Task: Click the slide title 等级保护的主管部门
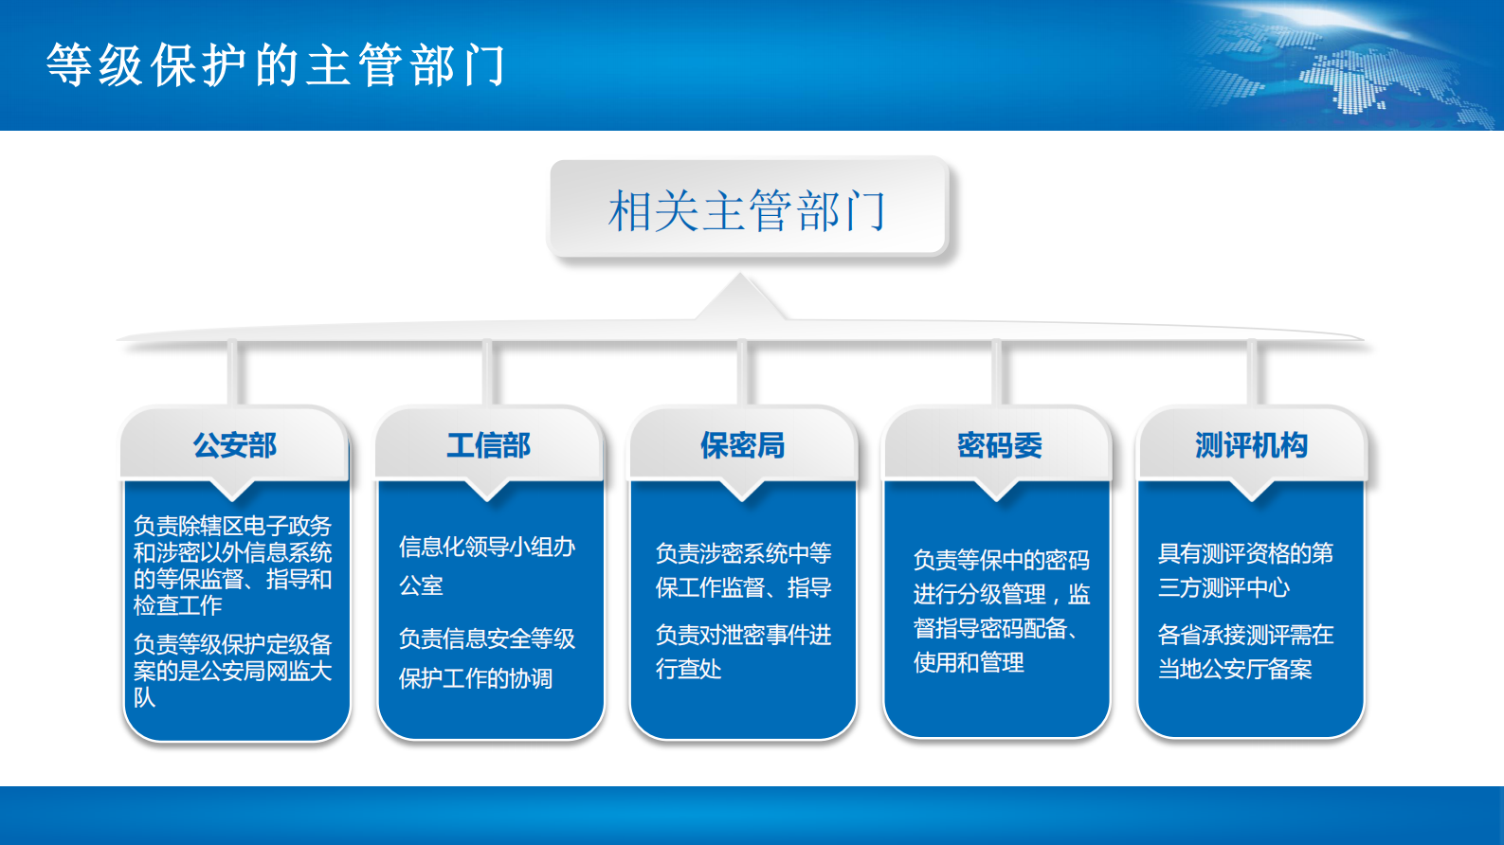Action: [276, 66]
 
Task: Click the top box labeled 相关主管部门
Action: [748, 209]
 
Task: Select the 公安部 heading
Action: [235, 445]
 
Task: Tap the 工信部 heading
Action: [489, 445]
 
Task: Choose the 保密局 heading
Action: [743, 445]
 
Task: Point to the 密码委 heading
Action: [999, 445]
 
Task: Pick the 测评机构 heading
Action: [1251, 445]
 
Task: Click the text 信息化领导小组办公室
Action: [486, 566]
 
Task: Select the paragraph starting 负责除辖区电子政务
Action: [232, 566]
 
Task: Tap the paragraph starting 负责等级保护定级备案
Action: [232, 671]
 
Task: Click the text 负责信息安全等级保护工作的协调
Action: [486, 658]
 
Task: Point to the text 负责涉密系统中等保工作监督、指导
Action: [743, 570]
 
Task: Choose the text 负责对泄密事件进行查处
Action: [743, 652]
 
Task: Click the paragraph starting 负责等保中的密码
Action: [1001, 611]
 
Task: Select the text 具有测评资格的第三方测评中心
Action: [1244, 570]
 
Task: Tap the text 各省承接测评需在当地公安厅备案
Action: [1244, 652]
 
